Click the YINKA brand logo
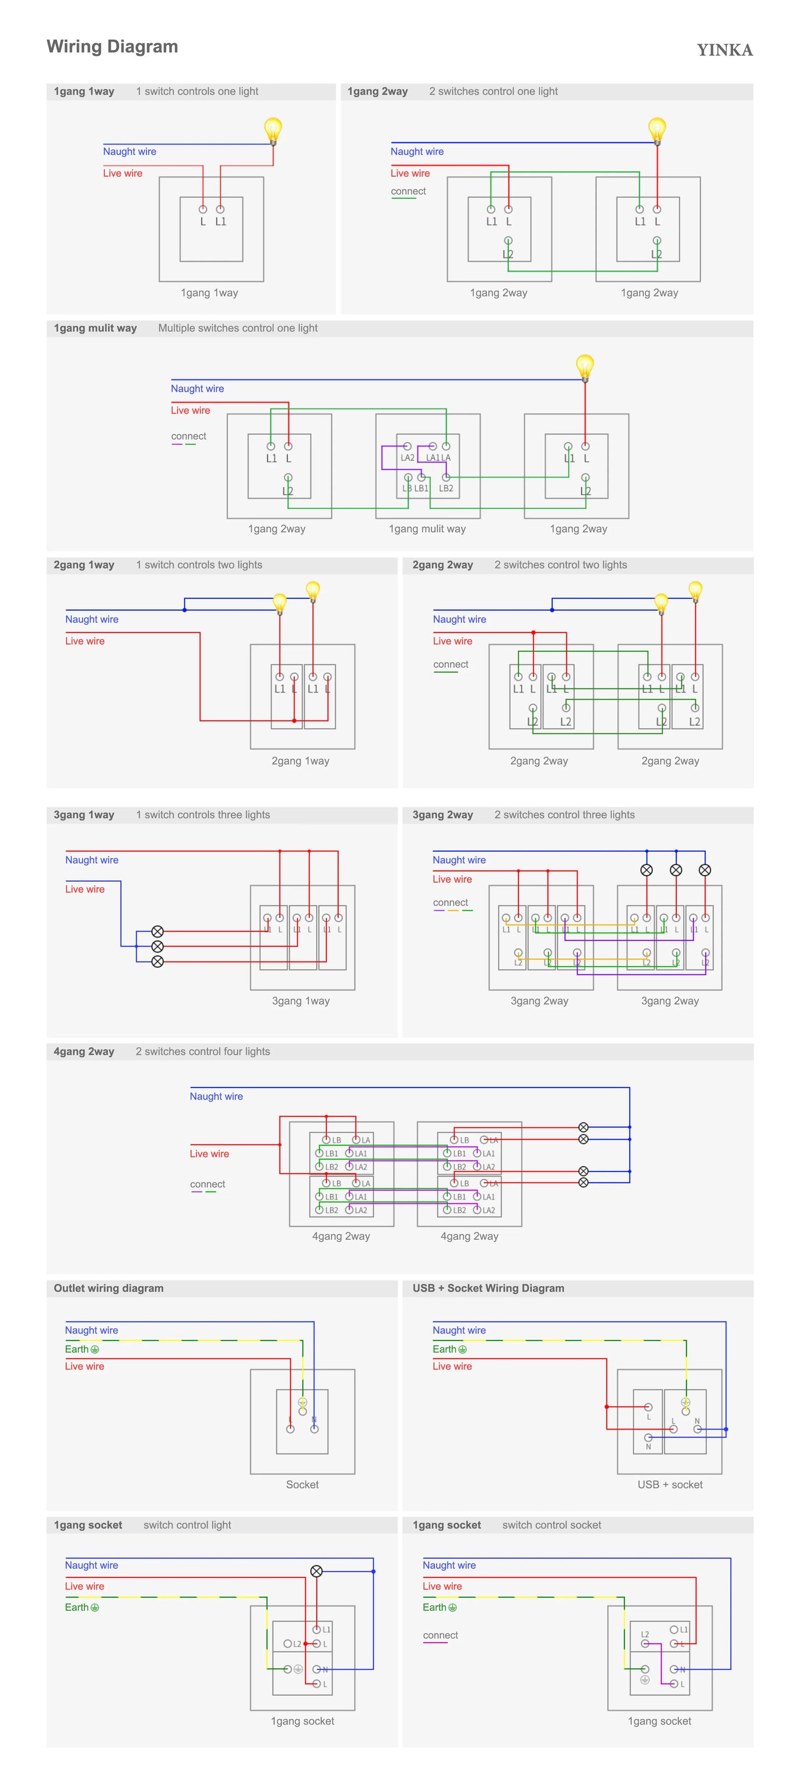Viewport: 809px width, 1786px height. click(x=724, y=50)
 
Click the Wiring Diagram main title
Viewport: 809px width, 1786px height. click(x=113, y=46)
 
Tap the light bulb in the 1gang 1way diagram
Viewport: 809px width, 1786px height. click(x=273, y=130)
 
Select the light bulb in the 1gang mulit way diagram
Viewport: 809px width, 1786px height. click(x=585, y=366)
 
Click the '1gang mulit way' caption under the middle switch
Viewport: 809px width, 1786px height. click(x=427, y=529)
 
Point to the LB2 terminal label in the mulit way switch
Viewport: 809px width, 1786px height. click(x=446, y=488)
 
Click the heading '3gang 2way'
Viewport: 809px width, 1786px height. click(x=442, y=815)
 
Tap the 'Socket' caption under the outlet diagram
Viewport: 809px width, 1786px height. click(x=302, y=1484)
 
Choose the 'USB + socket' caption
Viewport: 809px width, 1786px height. click(x=670, y=1484)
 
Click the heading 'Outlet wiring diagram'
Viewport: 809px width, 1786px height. click(x=109, y=1288)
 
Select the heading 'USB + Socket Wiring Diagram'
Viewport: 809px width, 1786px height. click(x=488, y=1288)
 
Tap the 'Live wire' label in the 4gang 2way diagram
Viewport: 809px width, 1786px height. click(x=209, y=1154)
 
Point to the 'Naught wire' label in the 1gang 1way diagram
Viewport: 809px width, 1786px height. click(x=130, y=152)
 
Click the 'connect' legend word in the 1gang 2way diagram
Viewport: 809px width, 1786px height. click(x=408, y=191)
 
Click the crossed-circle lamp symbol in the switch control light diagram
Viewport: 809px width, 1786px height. click(x=316, y=1571)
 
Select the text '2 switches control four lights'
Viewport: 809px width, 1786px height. click(x=203, y=1052)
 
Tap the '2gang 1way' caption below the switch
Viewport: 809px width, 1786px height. click(x=300, y=761)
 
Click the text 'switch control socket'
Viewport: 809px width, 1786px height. click(x=552, y=1525)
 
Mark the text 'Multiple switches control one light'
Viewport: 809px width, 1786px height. click(x=238, y=328)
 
